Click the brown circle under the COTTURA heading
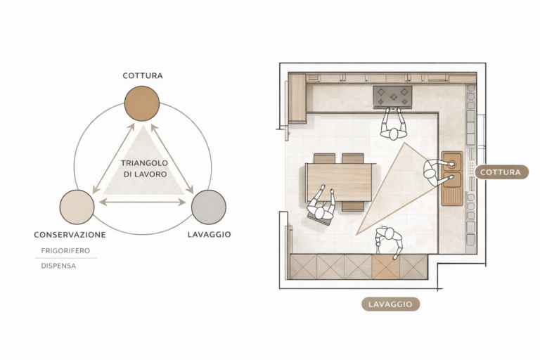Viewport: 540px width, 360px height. click(x=142, y=103)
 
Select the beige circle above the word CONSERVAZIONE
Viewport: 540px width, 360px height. click(x=77, y=207)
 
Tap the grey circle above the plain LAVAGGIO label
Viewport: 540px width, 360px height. click(x=208, y=207)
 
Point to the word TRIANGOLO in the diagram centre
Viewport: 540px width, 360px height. click(x=144, y=163)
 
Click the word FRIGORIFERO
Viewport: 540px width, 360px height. click(x=65, y=251)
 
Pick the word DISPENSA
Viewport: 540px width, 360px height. click(x=58, y=266)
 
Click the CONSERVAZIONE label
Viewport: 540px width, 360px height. click(x=70, y=235)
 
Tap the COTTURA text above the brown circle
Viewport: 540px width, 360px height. click(x=143, y=76)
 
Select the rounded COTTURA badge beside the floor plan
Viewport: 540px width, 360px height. click(x=502, y=172)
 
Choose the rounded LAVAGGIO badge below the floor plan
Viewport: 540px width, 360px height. click(x=390, y=304)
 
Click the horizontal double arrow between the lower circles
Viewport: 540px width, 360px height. click(x=142, y=202)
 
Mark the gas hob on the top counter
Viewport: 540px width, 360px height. click(x=392, y=96)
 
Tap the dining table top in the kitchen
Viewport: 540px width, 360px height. click(x=340, y=182)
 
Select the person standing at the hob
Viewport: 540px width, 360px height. click(x=394, y=124)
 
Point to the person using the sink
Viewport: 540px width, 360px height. click(x=437, y=172)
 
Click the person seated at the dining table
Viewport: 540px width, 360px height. click(x=321, y=205)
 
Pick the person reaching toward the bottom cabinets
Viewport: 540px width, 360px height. click(x=389, y=242)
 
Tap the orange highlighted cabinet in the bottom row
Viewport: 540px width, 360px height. click(x=386, y=266)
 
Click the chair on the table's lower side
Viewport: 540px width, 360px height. click(x=353, y=206)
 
